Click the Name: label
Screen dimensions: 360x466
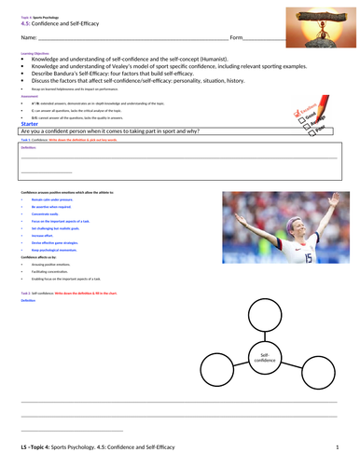point(28,37)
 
